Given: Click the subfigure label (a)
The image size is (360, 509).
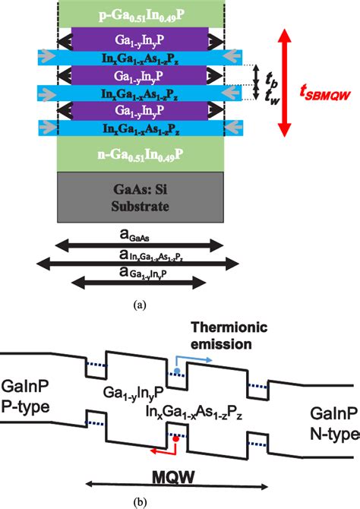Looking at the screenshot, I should point(138,304).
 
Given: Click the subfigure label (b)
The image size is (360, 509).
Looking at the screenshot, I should point(137,500).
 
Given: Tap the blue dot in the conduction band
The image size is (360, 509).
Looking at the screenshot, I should point(177,369).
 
